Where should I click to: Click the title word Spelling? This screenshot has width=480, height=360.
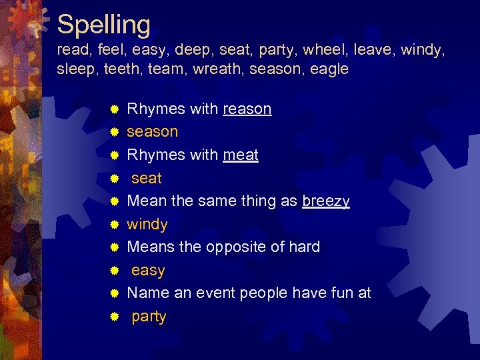coord(104,25)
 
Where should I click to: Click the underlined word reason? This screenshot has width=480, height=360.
coord(247,109)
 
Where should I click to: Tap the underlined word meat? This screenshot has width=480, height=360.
coord(241,155)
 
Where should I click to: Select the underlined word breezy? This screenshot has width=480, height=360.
coord(325,201)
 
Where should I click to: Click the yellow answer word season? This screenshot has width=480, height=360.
coord(153,132)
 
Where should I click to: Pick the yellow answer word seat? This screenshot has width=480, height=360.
coord(147,179)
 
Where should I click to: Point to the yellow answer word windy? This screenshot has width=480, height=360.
coord(147,225)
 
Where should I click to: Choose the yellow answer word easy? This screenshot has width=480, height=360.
coord(148,271)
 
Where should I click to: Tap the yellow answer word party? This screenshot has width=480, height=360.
coord(149,317)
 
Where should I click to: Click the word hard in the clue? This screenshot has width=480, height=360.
coord(304,247)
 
